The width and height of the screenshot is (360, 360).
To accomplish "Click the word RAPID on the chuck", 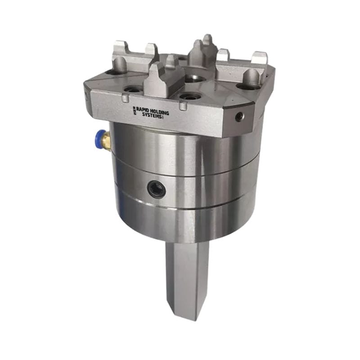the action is tap(143, 109).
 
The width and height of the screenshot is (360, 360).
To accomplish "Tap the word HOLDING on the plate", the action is tap(159, 112).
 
